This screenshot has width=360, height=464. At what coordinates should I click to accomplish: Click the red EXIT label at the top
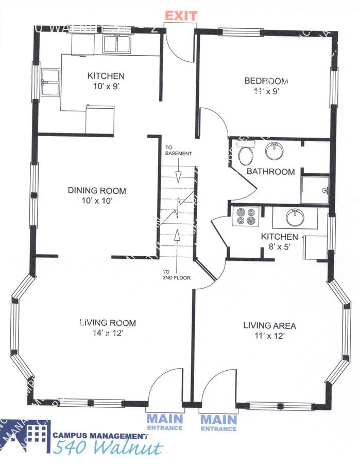[180, 15]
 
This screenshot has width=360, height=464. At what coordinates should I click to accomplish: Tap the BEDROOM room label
[266, 81]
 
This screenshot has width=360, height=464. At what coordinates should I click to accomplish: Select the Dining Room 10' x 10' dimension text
[97, 201]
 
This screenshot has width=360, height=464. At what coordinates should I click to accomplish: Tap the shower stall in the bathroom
[315, 190]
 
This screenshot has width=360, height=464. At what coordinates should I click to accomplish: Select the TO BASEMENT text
[178, 151]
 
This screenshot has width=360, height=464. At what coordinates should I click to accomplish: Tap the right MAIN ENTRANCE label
[218, 422]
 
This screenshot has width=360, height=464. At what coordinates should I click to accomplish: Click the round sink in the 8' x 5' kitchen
[294, 217]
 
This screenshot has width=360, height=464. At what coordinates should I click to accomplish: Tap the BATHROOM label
[270, 172]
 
